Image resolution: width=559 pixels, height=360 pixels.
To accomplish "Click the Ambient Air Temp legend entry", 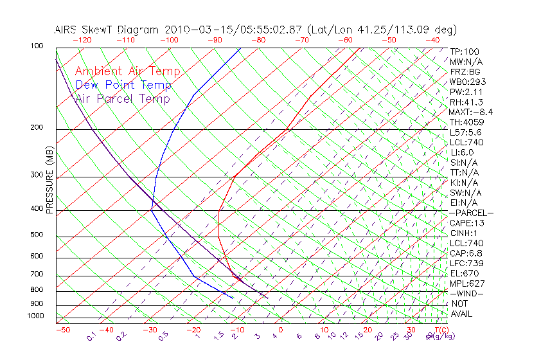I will point(127,71).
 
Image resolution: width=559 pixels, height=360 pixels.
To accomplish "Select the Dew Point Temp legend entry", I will point(123,85).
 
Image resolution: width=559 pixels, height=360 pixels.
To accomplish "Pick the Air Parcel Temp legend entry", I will point(123,98).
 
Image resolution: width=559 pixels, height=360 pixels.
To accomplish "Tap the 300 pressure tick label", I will point(36,175).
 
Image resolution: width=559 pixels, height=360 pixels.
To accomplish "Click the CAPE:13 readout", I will point(466,223).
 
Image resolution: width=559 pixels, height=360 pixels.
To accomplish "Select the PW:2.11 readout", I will point(466,92).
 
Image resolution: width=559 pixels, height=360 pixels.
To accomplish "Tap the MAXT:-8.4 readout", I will point(471,113).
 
